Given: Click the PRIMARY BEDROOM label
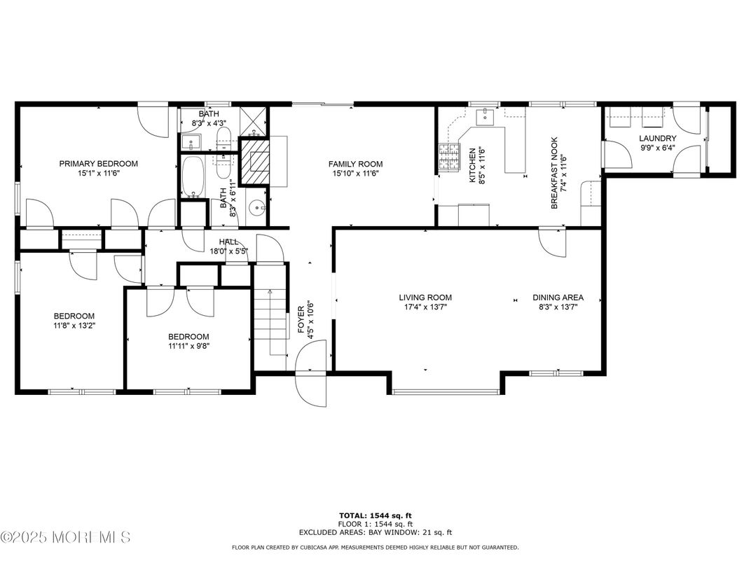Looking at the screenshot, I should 98,163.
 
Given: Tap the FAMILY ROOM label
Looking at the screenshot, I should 356,164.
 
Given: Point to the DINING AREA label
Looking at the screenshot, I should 558,297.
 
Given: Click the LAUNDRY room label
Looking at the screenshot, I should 657,139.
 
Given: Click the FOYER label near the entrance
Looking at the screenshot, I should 301,319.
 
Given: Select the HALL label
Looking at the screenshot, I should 224,242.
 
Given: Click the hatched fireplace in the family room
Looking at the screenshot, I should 253,161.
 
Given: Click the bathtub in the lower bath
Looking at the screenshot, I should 191,177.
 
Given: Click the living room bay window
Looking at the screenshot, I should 446,391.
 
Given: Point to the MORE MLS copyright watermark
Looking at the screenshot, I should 65,538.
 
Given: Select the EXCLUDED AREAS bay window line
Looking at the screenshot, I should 375,532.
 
